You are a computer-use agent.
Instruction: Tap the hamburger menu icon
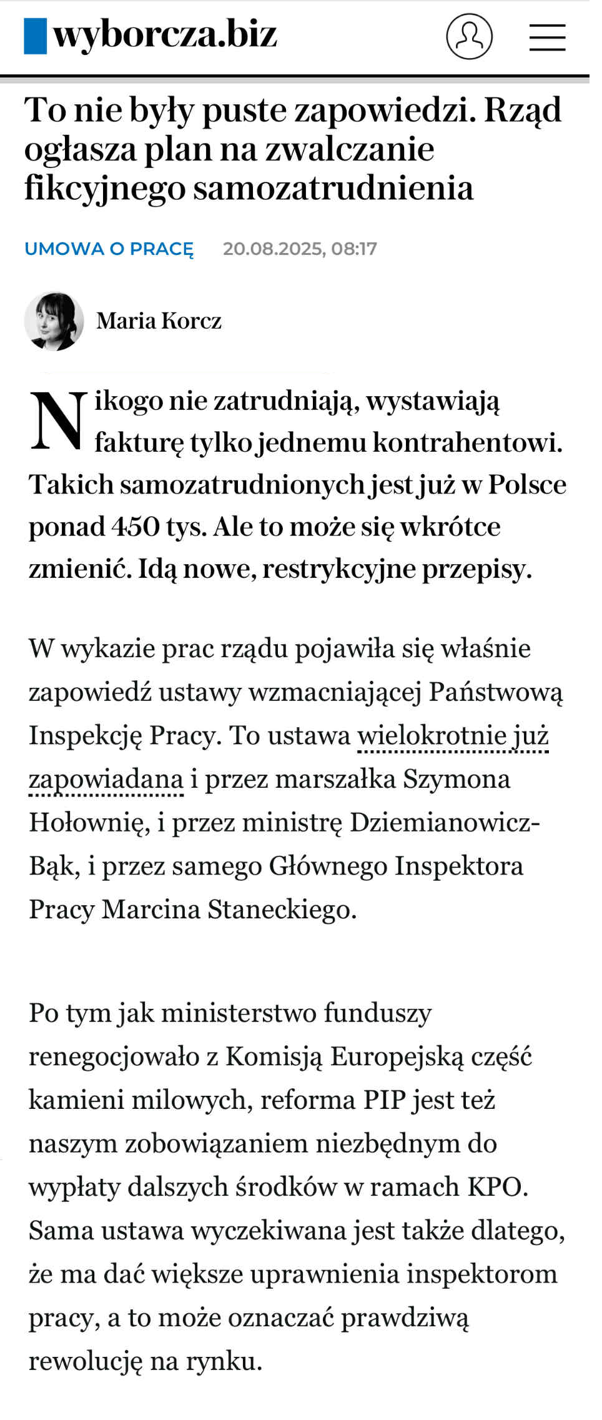547,37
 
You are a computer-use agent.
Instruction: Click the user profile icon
469,36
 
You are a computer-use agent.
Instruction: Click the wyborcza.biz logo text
165,34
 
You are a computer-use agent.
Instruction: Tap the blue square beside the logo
35,36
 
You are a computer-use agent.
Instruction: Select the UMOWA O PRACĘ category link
109,249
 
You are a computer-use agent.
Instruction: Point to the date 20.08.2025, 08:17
300,249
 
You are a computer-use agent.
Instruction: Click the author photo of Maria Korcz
54,321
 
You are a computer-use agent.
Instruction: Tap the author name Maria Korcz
159,321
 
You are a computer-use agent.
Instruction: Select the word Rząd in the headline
523,110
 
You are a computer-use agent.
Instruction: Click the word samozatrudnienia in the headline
333,188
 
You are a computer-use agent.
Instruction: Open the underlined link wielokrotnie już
453,736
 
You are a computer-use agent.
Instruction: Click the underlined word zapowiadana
106,780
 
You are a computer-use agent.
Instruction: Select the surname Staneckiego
282,910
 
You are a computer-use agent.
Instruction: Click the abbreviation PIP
383,1100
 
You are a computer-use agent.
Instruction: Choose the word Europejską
397,1056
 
